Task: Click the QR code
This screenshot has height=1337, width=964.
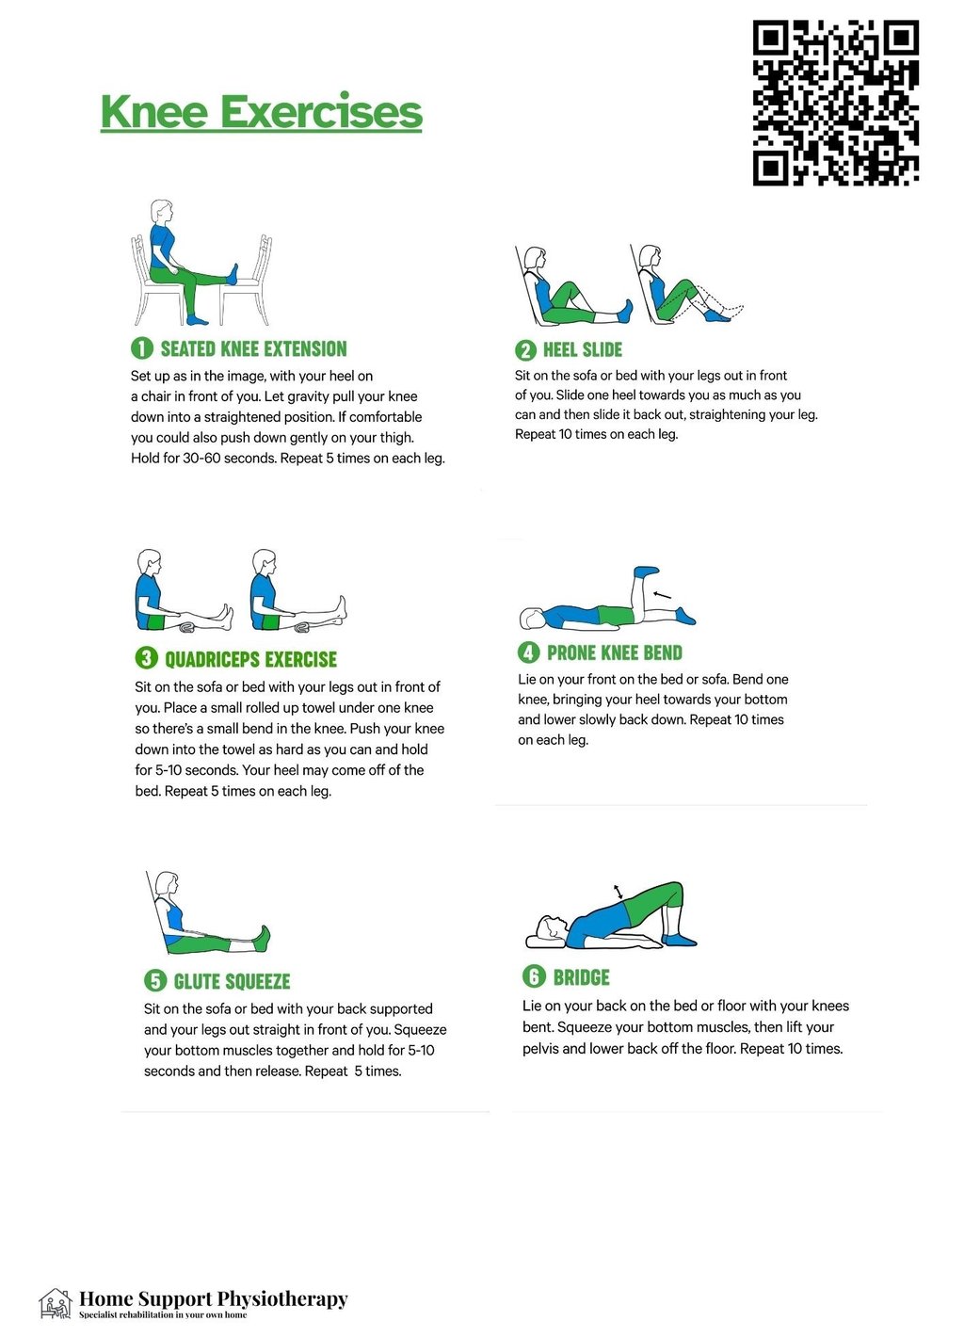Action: (835, 103)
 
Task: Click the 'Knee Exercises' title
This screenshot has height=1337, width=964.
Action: (262, 112)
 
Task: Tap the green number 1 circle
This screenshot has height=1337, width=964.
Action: (141, 348)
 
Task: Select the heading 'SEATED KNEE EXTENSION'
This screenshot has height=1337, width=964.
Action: (253, 348)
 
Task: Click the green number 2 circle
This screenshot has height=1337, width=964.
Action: (525, 349)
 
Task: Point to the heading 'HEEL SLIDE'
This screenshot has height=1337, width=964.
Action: (583, 349)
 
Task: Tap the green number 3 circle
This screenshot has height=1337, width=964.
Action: (146, 658)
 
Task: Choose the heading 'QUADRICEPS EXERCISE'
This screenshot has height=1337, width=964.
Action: (250, 659)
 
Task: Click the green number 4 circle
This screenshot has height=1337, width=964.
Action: (528, 652)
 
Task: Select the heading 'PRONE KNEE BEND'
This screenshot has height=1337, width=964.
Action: (615, 653)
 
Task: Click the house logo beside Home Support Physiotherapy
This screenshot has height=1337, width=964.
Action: (56, 1305)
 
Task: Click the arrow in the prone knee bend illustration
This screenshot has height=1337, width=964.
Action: (662, 594)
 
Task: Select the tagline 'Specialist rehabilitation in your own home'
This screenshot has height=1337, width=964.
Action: (163, 1315)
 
